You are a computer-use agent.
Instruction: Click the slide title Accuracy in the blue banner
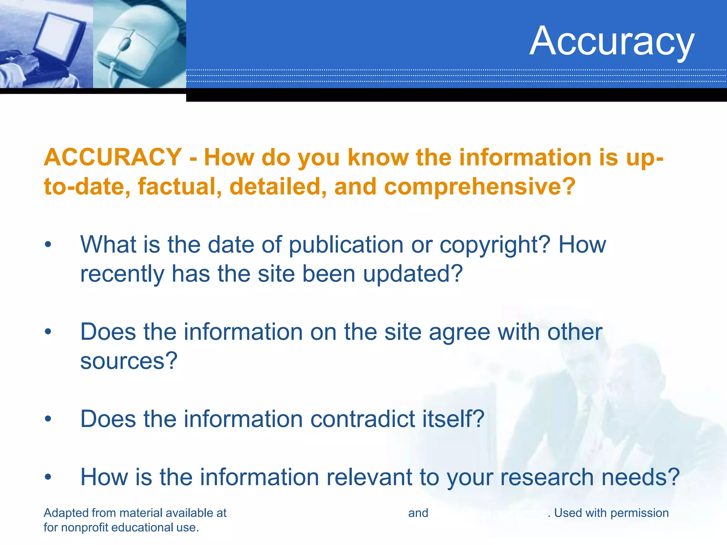[x=612, y=41]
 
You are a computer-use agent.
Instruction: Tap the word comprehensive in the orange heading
[x=480, y=187]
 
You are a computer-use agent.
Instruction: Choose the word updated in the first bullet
[x=413, y=274]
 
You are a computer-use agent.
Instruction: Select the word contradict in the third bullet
[x=362, y=419]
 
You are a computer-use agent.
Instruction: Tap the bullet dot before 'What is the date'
[x=48, y=245]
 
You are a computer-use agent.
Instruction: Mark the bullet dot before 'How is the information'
[x=48, y=477]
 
